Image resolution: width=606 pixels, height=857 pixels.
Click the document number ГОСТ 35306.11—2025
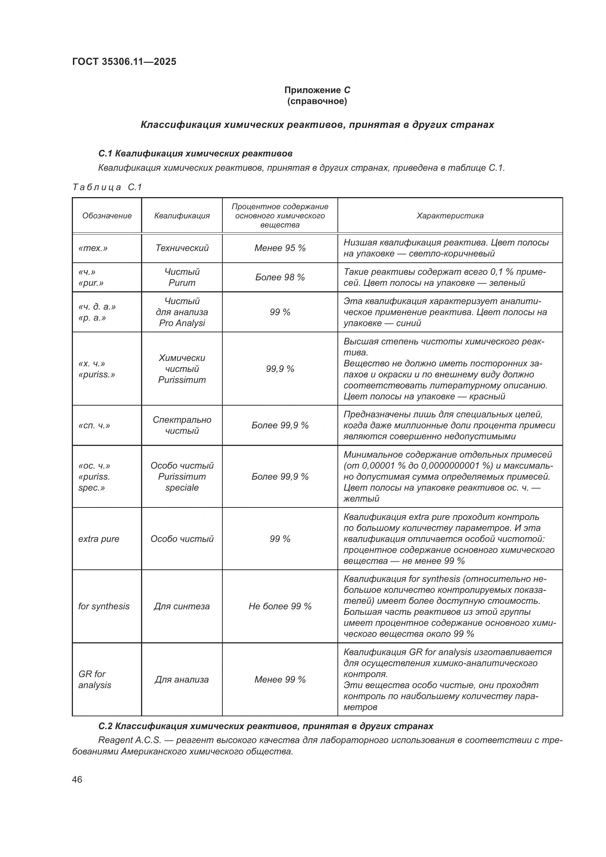coord(124,62)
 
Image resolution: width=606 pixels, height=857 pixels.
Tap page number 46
coord(77,779)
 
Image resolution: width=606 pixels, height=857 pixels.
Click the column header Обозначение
coord(107,216)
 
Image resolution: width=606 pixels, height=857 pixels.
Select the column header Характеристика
coord(450,216)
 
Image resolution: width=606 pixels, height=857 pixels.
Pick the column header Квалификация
coord(182,216)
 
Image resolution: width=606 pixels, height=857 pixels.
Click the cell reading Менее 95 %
coord(280,248)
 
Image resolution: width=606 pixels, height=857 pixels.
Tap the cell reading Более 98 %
coord(280,277)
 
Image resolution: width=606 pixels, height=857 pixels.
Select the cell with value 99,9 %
coord(280,369)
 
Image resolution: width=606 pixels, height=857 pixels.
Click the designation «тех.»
coord(93,248)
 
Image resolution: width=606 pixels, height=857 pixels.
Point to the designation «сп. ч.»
coord(94,425)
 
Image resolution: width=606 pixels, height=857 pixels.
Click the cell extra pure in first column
coord(99,539)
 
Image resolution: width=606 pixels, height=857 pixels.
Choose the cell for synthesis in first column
coord(104,606)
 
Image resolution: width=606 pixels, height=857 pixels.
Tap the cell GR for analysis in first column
coord(95,679)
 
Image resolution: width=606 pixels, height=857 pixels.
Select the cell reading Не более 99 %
coord(280,606)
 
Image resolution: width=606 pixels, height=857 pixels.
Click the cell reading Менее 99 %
coord(280,680)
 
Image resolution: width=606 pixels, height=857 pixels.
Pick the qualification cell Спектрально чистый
coord(182,425)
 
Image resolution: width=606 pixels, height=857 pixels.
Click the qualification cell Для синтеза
coord(182,606)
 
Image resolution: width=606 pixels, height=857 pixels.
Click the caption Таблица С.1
coord(107,187)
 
